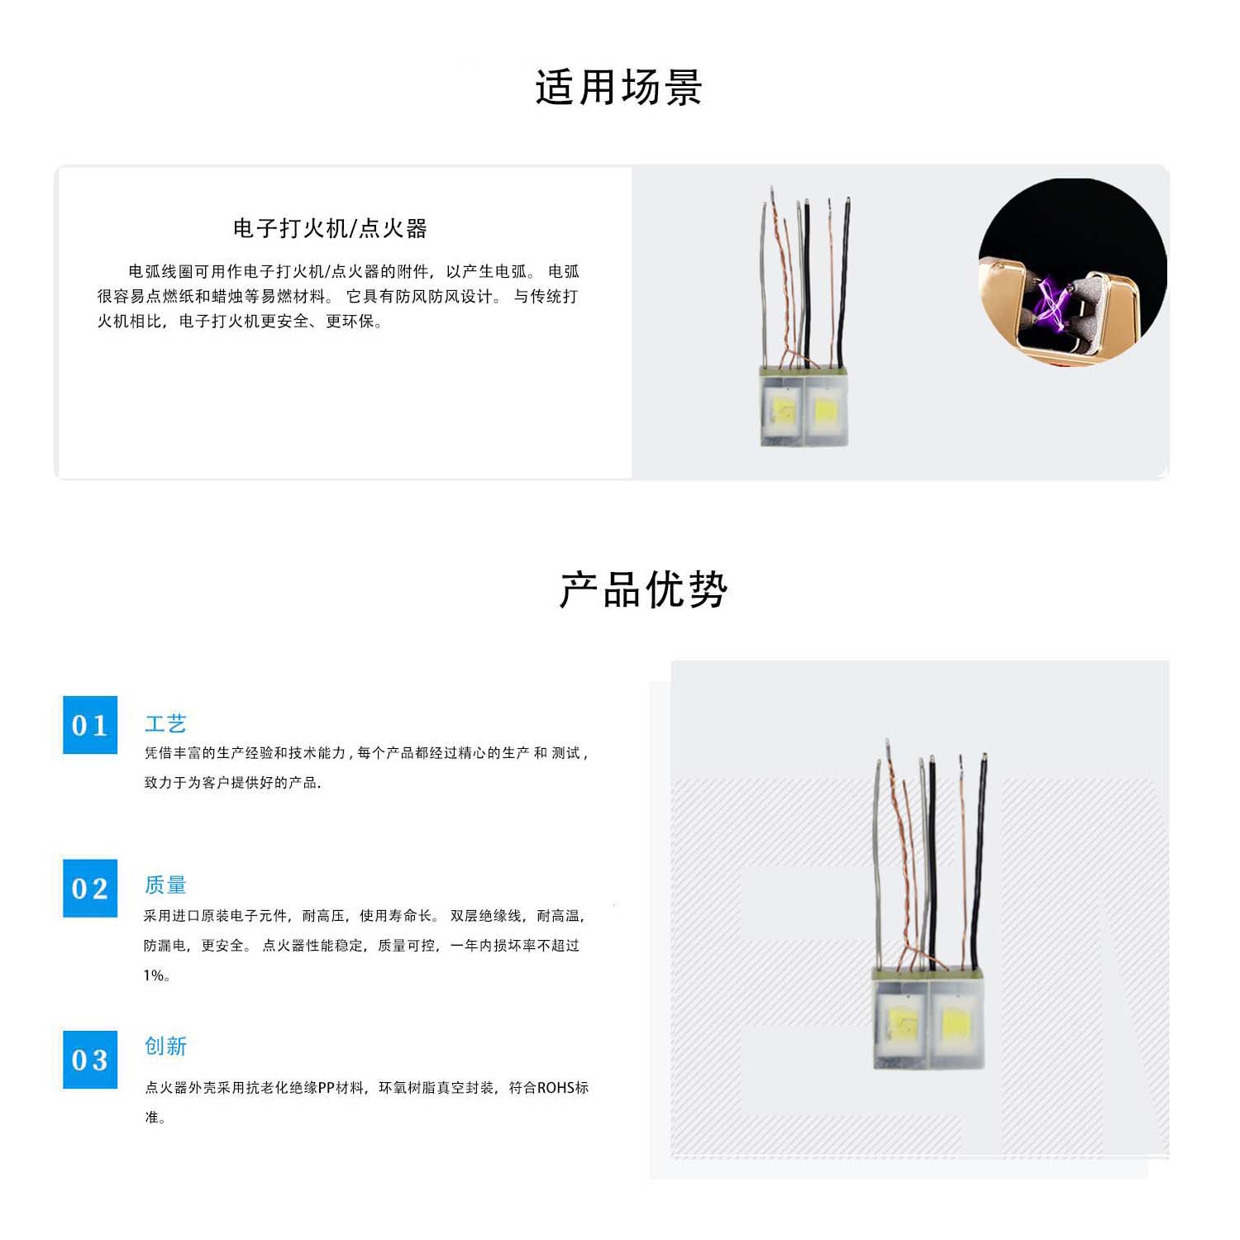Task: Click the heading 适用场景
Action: pyautogui.click(x=618, y=88)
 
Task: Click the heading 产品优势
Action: pyautogui.click(x=643, y=590)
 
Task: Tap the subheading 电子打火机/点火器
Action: pyautogui.click(x=330, y=229)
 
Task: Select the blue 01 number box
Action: pyautogui.click(x=90, y=725)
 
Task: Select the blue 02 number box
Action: pyautogui.click(x=90, y=889)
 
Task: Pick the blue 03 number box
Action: pyautogui.click(x=90, y=1060)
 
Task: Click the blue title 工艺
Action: pyautogui.click(x=165, y=724)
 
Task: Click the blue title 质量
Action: pyautogui.click(x=165, y=885)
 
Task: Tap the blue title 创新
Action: pyautogui.click(x=165, y=1047)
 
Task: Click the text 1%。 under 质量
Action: pyautogui.click(x=156, y=975)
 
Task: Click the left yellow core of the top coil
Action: pyautogui.click(x=782, y=409)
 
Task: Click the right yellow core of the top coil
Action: pyautogui.click(x=826, y=410)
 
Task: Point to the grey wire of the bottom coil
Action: pyautogui.click(x=876, y=868)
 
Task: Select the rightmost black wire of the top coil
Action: pyautogui.click(x=844, y=281)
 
